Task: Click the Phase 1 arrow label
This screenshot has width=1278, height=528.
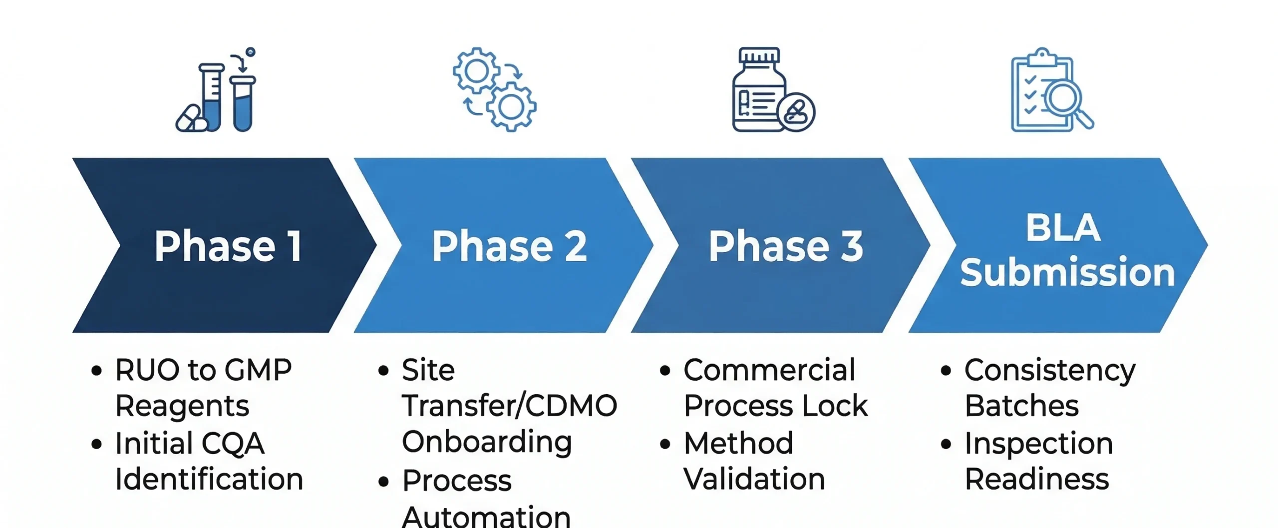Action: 228,246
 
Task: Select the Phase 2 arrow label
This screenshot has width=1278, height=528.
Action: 509,246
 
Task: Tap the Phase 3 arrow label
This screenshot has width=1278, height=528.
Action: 786,246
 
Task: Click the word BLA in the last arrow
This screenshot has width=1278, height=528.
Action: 1063,228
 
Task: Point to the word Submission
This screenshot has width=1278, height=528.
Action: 1067,273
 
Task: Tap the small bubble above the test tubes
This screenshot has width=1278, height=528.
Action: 251,52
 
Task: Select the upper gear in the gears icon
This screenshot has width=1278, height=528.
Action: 476,71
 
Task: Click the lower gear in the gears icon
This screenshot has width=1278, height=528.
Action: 511,107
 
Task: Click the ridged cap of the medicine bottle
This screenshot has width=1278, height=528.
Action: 759,55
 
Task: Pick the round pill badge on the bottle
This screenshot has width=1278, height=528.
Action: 796,112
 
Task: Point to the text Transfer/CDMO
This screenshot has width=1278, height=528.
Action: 509,406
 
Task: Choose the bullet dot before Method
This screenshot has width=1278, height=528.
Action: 664,444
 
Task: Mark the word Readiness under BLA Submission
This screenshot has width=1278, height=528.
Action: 1036,480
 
